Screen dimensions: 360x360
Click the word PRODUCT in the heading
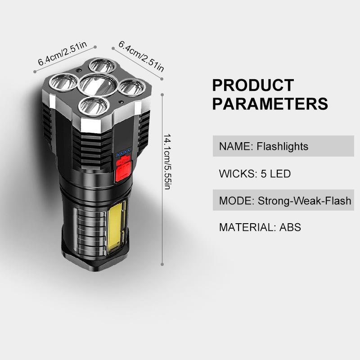(253, 85)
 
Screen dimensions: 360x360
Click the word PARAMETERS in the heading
(270, 104)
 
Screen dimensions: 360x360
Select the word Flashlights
(283, 146)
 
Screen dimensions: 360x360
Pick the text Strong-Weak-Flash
(304, 200)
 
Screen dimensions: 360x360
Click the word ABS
(290, 227)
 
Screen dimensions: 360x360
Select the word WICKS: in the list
(238, 173)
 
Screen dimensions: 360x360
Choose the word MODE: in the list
(237, 200)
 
